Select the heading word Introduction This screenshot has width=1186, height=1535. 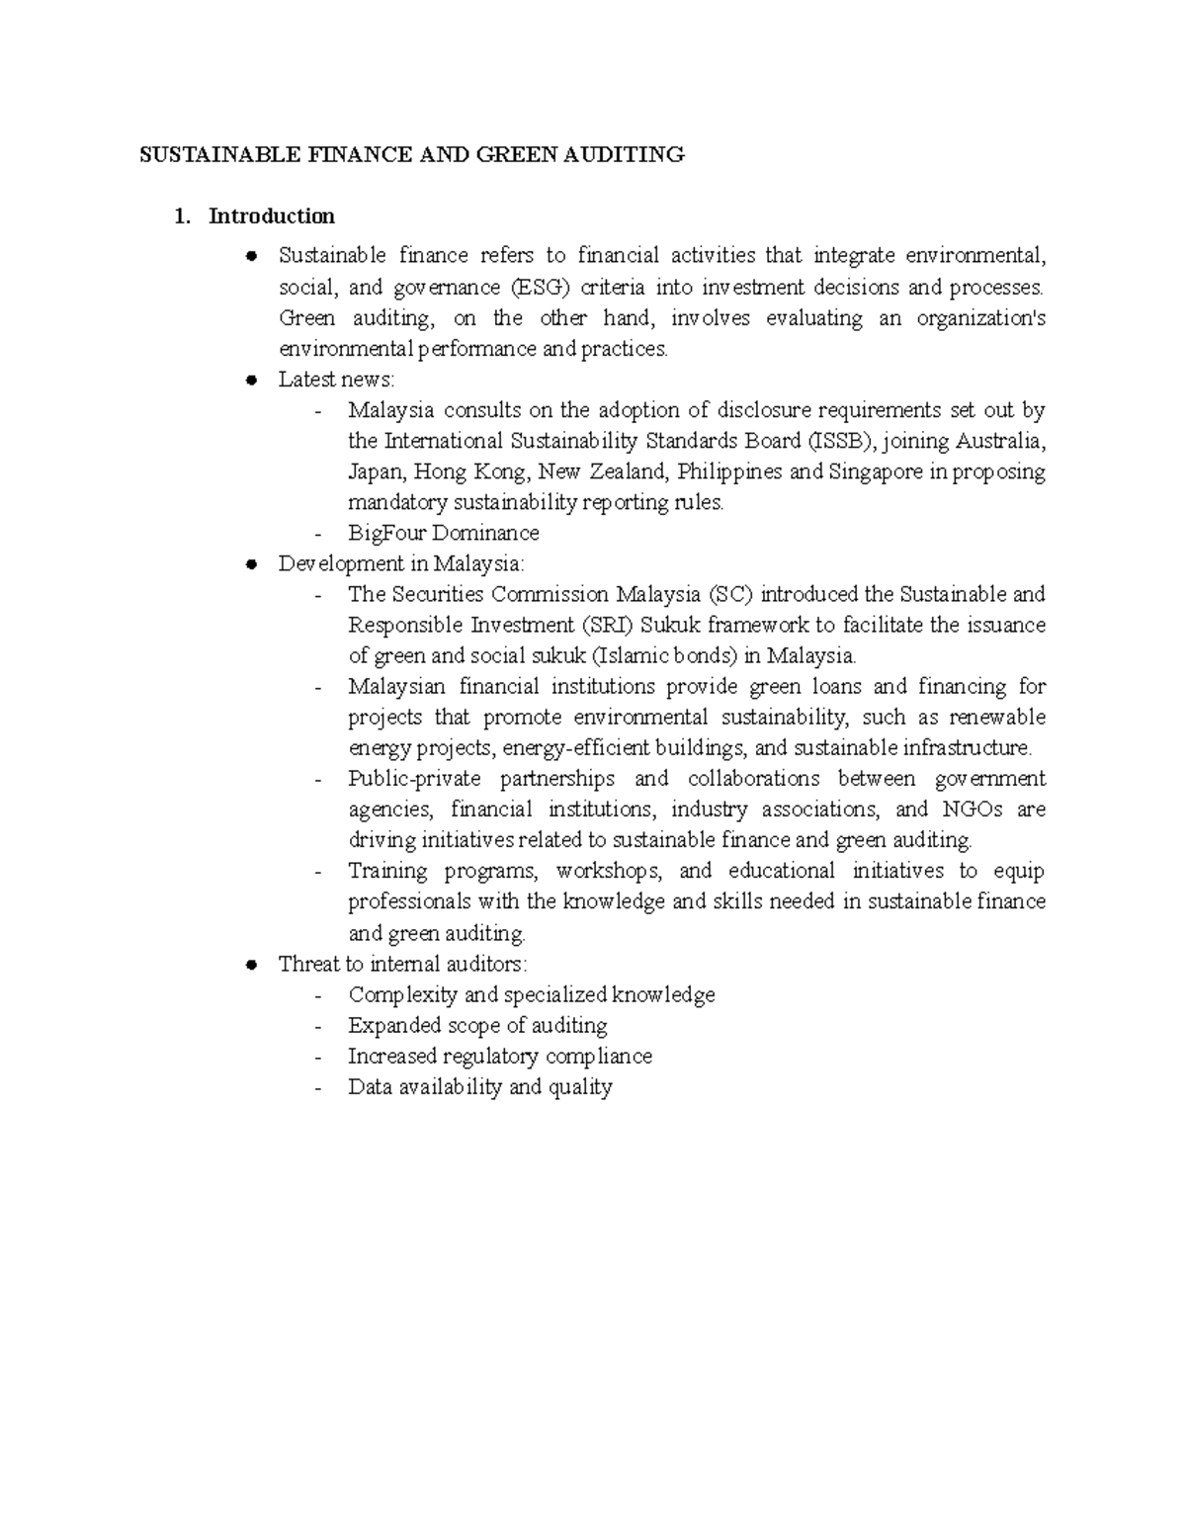272,215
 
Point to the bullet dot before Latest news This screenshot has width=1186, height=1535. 252,380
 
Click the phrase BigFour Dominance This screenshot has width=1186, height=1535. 444,533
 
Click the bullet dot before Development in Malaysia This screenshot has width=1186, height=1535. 252,563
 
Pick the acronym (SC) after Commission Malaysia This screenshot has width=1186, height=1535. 732,594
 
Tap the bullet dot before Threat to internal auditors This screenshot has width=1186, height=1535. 252,964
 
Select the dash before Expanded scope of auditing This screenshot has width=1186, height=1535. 317,1026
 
